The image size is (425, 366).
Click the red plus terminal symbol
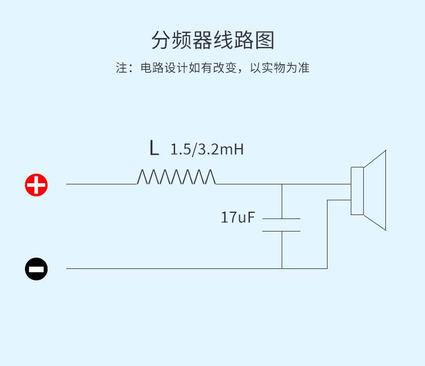[x=36, y=184]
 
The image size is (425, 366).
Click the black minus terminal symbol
[x=36, y=268]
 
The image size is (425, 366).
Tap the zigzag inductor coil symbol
[x=176, y=177]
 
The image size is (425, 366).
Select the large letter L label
[x=154, y=149]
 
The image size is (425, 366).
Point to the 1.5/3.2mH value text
[x=207, y=150]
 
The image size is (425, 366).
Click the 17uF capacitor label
[x=238, y=217]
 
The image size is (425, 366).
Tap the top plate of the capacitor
[x=282, y=218]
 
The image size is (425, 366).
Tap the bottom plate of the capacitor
[x=282, y=231]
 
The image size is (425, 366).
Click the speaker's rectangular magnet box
[x=357, y=191]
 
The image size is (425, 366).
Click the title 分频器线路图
[x=212, y=40]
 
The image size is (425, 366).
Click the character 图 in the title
[x=265, y=40]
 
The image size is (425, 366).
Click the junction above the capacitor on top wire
[x=282, y=184]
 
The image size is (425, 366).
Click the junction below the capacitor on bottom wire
[x=282, y=268]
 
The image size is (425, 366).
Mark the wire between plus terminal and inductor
[x=102, y=184]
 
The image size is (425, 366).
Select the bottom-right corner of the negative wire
[x=327, y=268]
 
